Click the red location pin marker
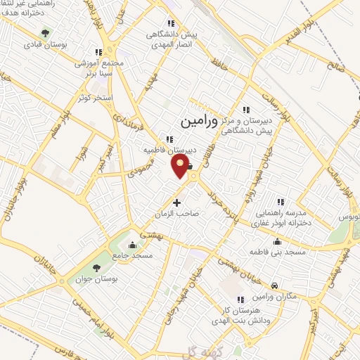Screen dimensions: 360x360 181,166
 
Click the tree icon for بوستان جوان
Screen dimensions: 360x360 97,268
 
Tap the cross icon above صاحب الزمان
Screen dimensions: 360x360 176,203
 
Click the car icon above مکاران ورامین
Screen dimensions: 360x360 274,285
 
